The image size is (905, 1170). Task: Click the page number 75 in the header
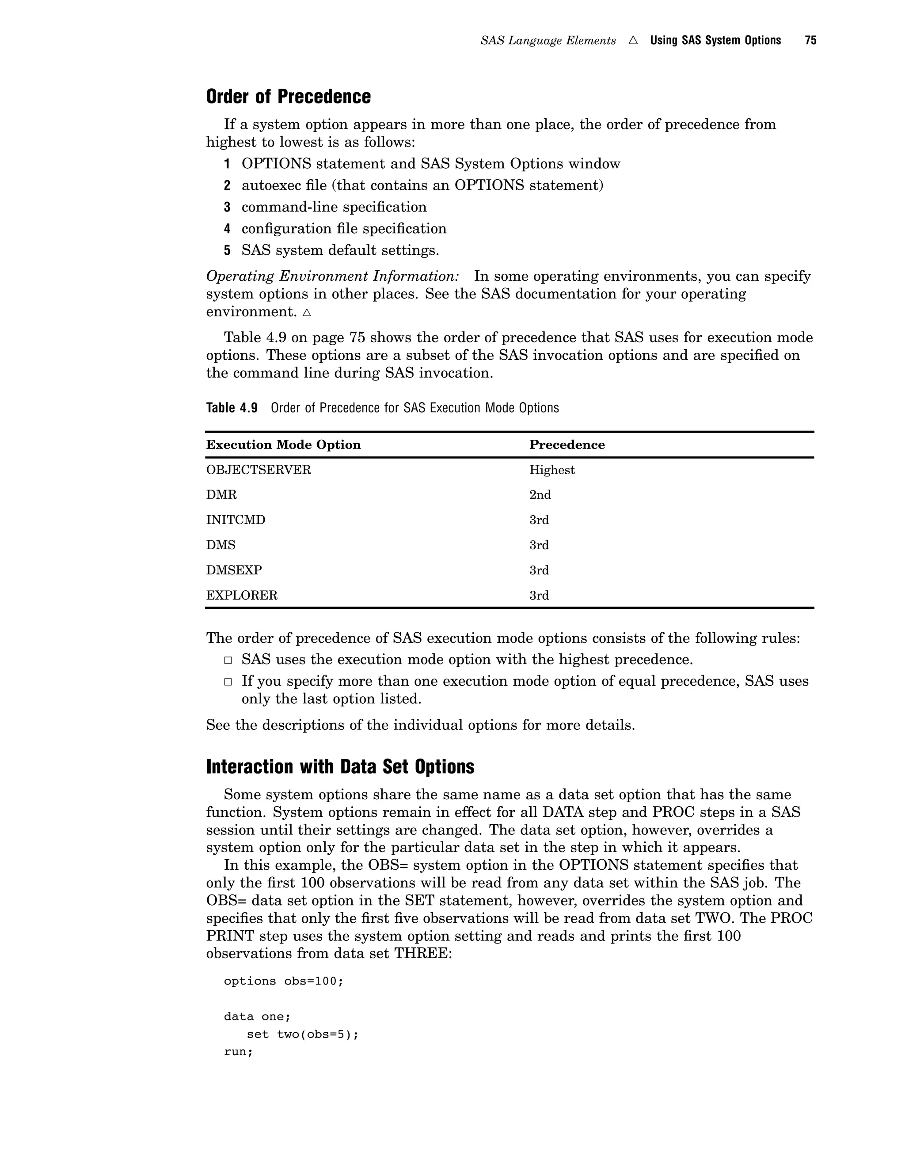tap(810, 41)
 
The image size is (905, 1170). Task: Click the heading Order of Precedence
tap(288, 97)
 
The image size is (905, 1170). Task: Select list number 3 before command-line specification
tap(227, 208)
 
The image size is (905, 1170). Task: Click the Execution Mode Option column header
tap(283, 445)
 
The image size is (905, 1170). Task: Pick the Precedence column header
tap(567, 445)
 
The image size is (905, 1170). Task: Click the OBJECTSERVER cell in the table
tap(259, 470)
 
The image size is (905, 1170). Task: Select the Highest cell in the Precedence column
tap(551, 470)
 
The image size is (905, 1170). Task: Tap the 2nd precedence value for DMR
tap(540, 495)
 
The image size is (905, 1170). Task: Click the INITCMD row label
tap(236, 520)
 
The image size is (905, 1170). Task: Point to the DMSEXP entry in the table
tap(234, 570)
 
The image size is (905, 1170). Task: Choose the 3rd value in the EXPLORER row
tap(539, 595)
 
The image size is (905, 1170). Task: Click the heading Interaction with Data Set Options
tap(340, 766)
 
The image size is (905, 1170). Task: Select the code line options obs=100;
tap(283, 981)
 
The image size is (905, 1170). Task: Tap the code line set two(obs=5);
tap(302, 1034)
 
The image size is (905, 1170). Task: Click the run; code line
tap(238, 1052)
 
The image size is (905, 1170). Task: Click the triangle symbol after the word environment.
tap(307, 312)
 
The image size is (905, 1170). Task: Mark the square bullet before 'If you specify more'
tap(228, 682)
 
